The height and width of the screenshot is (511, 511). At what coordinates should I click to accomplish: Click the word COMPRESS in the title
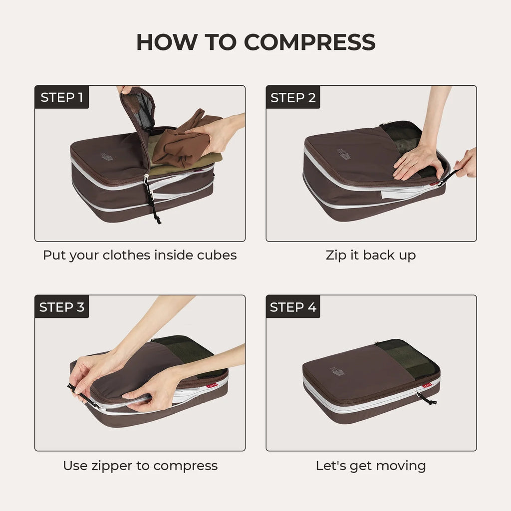pyautogui.click(x=309, y=43)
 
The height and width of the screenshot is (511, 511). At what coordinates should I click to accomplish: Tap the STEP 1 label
pyautogui.click(x=61, y=97)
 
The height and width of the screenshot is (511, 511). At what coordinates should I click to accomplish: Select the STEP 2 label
pyautogui.click(x=293, y=98)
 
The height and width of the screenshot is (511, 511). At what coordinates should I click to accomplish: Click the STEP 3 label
pyautogui.click(x=61, y=307)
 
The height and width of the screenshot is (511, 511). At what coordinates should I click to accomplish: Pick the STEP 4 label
pyautogui.click(x=293, y=307)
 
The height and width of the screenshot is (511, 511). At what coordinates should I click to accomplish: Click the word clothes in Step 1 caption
pyautogui.click(x=126, y=255)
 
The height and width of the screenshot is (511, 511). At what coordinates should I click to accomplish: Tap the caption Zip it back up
pyautogui.click(x=370, y=255)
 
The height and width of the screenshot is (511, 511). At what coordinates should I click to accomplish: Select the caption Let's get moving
pyautogui.click(x=370, y=466)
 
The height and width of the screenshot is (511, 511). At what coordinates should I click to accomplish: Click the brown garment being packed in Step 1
pyautogui.click(x=180, y=142)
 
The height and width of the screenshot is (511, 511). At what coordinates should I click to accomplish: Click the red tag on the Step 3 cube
pyautogui.click(x=212, y=385)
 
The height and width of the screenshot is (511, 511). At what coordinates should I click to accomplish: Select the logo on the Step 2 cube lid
pyautogui.click(x=344, y=155)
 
